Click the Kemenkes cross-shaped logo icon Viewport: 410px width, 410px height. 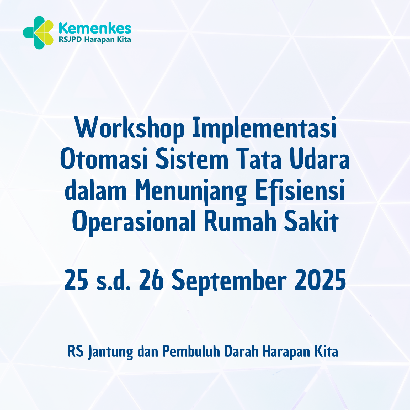click(38, 33)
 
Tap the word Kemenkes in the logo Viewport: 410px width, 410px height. click(95, 28)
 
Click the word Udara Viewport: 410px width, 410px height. click(320, 159)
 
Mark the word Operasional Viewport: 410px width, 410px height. click(134, 222)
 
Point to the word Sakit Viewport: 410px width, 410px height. click(311, 222)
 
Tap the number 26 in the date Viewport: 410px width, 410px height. click(151, 280)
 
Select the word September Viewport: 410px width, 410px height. click(229, 280)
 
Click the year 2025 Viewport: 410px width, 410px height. click(320, 280)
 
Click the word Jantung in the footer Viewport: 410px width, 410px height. click(110, 352)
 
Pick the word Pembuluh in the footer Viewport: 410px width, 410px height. click(191, 352)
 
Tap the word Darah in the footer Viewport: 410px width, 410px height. click(241, 352)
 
